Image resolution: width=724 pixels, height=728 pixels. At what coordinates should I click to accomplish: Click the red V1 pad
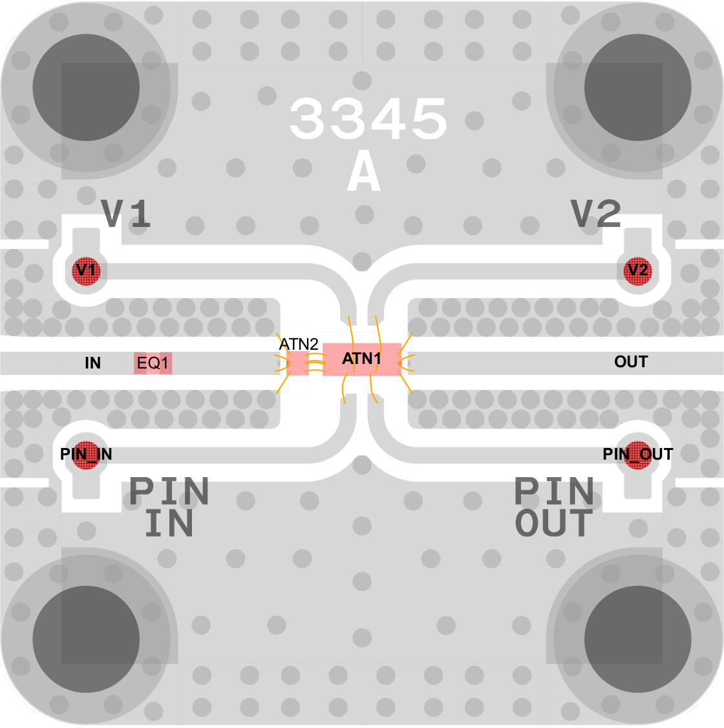click(x=86, y=270)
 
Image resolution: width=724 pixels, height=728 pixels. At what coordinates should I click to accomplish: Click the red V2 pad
click(x=637, y=270)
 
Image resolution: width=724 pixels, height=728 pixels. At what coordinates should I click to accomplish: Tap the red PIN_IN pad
click(x=86, y=455)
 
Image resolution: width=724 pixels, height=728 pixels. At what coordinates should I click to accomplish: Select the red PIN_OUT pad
click(x=637, y=455)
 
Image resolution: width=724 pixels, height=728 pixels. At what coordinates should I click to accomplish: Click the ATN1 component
click(x=361, y=359)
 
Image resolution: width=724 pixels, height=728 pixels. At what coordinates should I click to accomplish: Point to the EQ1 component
click(x=153, y=363)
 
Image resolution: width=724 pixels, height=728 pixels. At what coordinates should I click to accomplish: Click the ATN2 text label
click(x=299, y=344)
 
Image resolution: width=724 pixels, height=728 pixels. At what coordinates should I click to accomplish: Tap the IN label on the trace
click(x=93, y=363)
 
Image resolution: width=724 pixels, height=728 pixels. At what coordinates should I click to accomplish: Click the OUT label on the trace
click(x=631, y=361)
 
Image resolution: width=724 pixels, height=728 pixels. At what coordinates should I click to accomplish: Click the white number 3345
click(x=368, y=119)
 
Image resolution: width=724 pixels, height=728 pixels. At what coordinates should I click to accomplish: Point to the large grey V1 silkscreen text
click(x=126, y=213)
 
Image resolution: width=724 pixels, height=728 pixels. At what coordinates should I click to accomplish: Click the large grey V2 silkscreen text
click(x=596, y=213)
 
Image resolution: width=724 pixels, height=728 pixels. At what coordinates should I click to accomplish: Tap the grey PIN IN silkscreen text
click(x=169, y=507)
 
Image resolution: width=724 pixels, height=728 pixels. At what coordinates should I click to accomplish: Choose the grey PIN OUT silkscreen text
click(x=554, y=507)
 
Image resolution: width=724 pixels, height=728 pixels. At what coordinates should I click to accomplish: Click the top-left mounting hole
click(x=86, y=87)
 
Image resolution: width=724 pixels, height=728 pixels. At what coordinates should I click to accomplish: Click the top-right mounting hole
click(x=637, y=87)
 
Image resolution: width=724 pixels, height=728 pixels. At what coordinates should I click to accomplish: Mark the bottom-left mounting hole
click(x=86, y=639)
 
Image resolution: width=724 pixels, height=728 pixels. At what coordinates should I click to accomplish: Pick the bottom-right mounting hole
click(x=637, y=639)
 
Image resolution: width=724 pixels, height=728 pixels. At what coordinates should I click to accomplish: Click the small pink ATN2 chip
click(x=297, y=363)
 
